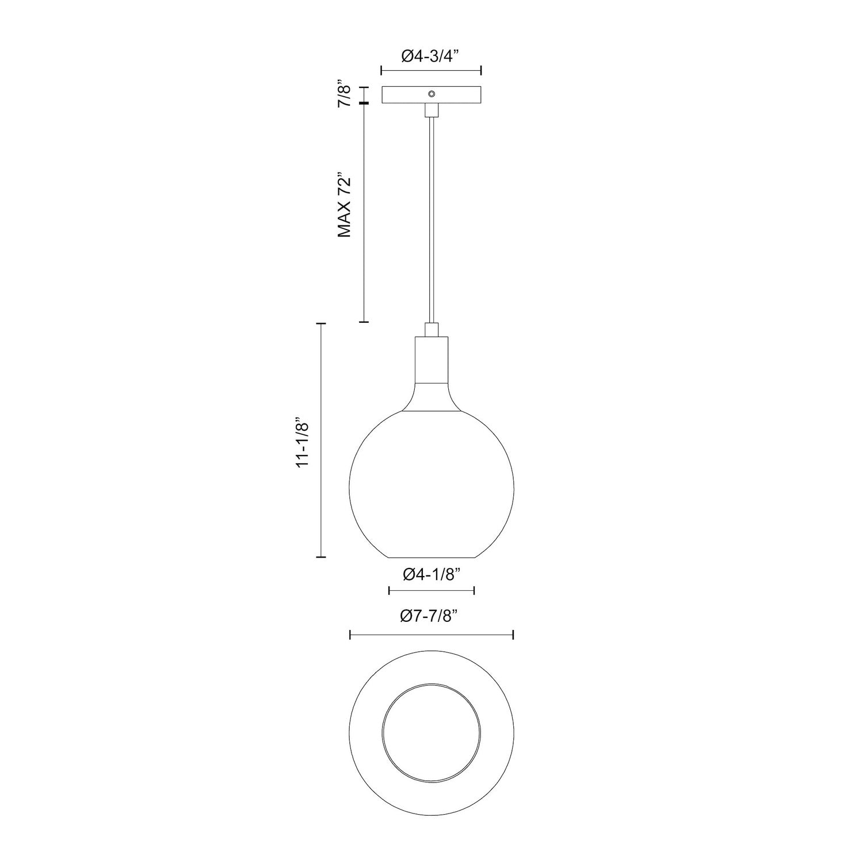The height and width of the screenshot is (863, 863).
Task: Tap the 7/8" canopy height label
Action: point(344,94)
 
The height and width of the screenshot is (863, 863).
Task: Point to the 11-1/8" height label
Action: point(303,441)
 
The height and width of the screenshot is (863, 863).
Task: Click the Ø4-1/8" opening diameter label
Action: point(431,574)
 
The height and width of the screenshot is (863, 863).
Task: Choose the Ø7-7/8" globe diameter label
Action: point(431,616)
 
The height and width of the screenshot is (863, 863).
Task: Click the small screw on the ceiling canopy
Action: point(431,93)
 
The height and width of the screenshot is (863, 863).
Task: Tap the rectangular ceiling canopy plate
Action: point(403,95)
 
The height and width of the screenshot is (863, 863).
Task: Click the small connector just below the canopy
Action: point(431,110)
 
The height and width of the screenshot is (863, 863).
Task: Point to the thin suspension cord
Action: point(431,219)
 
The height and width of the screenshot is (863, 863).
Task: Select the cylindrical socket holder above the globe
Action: point(431,360)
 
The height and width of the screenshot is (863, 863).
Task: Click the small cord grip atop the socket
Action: point(431,330)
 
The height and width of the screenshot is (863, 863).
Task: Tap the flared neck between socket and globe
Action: point(431,397)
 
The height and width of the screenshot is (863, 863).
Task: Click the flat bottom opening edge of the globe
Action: point(431,557)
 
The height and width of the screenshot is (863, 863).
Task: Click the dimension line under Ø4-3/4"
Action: point(431,71)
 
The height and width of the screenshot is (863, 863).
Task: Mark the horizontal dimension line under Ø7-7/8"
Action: point(431,635)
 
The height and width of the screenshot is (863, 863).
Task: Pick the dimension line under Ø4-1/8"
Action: point(431,590)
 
